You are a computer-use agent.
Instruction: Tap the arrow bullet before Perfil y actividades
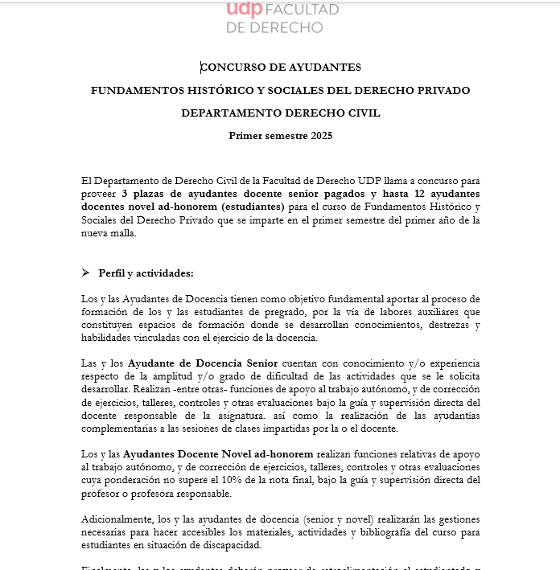[85, 273]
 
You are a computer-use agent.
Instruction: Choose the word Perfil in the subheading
[113, 273]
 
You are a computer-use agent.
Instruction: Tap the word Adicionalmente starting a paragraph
[119, 519]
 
